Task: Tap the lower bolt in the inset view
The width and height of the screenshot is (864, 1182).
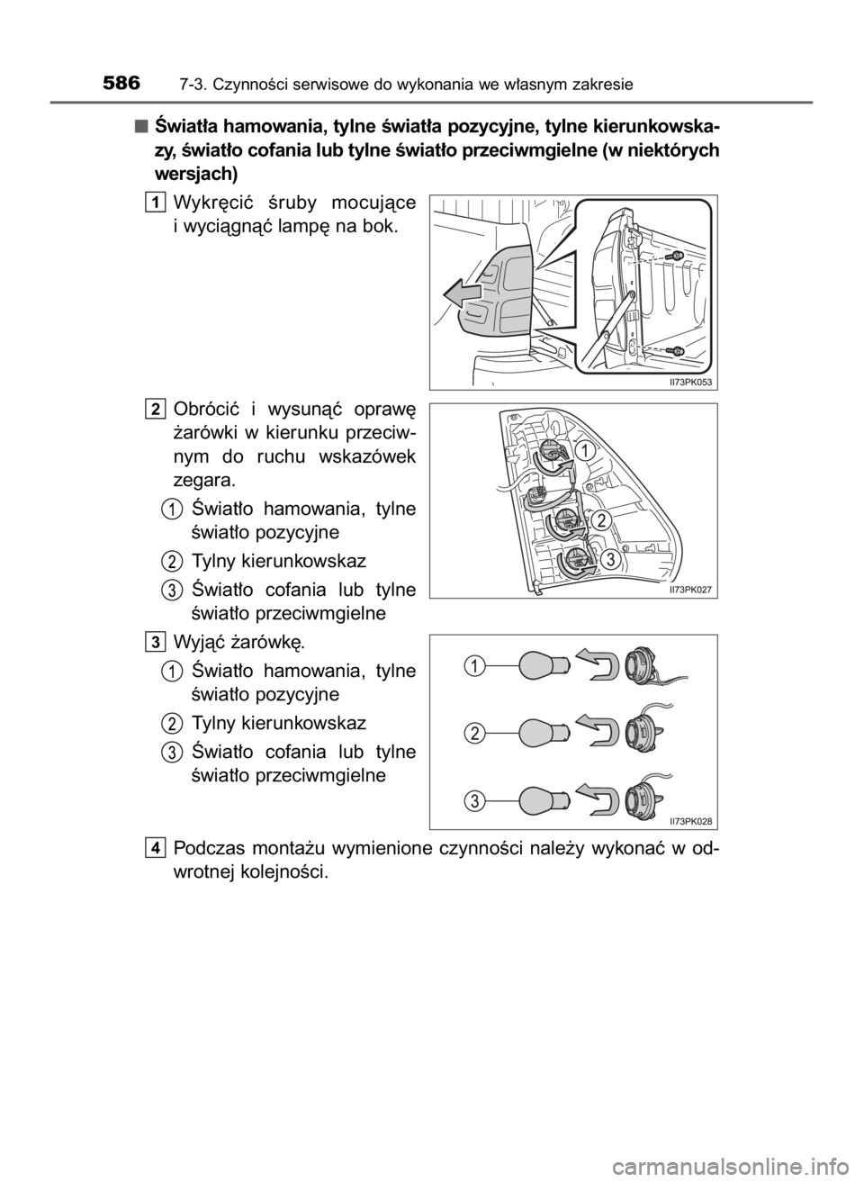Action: pyautogui.click(x=678, y=349)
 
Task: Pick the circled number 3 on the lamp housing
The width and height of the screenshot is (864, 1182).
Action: pyautogui.click(x=609, y=560)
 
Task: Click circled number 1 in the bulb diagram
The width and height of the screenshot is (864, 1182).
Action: pyautogui.click(x=471, y=666)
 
